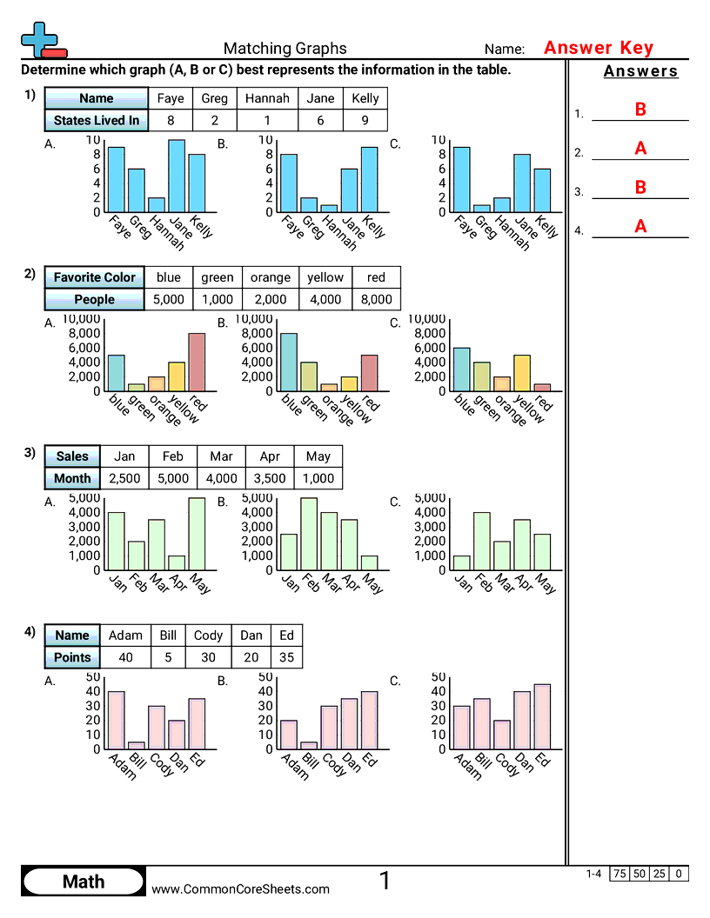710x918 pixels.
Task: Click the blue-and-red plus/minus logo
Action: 42,39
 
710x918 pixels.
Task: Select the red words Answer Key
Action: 598,48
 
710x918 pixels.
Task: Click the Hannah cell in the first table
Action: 266,98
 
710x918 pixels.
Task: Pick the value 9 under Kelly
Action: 365,121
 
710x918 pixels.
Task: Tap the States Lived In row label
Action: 96,121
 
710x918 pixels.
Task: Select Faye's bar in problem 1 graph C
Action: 462,179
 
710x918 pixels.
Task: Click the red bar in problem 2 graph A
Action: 198,362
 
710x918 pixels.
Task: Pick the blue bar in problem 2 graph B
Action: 289,362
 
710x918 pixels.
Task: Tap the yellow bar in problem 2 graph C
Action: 522,373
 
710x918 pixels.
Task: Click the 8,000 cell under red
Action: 376,300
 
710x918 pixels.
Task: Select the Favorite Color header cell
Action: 95,277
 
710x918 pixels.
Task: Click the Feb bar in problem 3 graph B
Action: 309,534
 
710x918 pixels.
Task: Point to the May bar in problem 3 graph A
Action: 198,534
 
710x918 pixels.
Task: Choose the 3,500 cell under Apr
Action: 270,478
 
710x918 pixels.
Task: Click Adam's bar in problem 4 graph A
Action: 116,720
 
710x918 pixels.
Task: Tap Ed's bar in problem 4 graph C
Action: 542,716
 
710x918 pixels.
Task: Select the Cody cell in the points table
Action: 208,635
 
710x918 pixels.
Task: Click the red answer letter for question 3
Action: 640,188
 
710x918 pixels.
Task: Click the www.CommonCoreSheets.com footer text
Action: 241,888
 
